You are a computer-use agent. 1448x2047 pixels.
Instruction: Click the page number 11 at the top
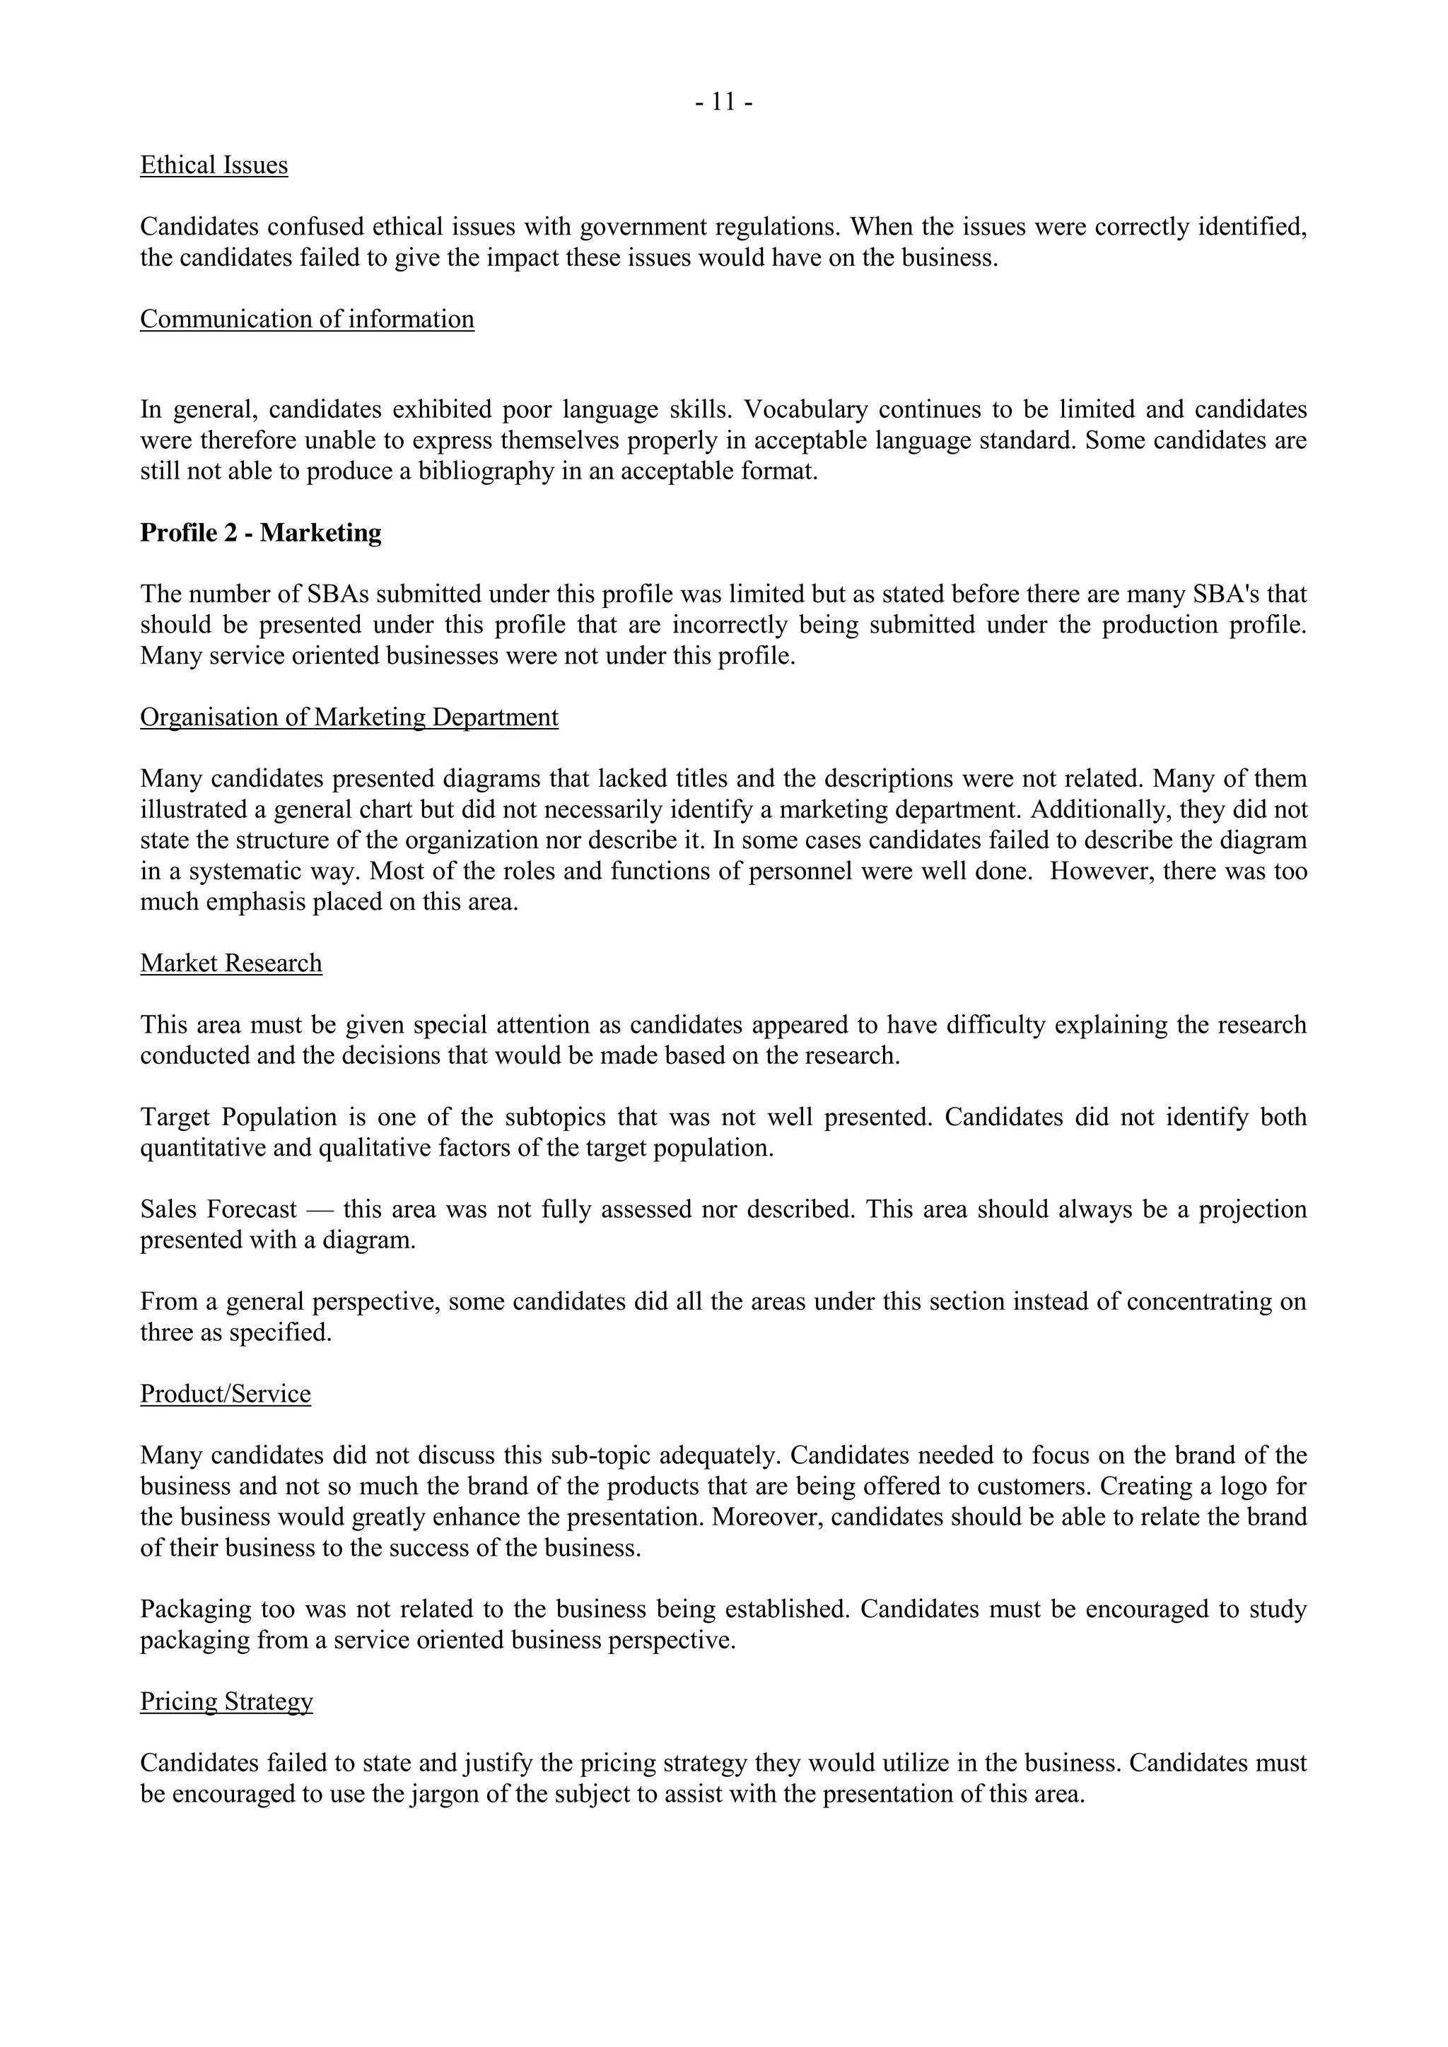point(723,103)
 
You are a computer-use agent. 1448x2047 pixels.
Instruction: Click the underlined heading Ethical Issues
point(214,166)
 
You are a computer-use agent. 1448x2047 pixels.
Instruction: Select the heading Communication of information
point(307,319)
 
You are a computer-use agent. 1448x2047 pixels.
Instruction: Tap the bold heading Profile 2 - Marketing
point(260,533)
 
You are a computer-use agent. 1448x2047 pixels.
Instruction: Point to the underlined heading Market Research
point(231,963)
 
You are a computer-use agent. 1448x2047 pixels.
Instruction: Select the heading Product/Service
point(226,1395)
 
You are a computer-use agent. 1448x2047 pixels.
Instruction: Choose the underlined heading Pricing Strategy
point(226,1702)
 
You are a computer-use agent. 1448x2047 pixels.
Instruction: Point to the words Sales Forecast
point(218,1210)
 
